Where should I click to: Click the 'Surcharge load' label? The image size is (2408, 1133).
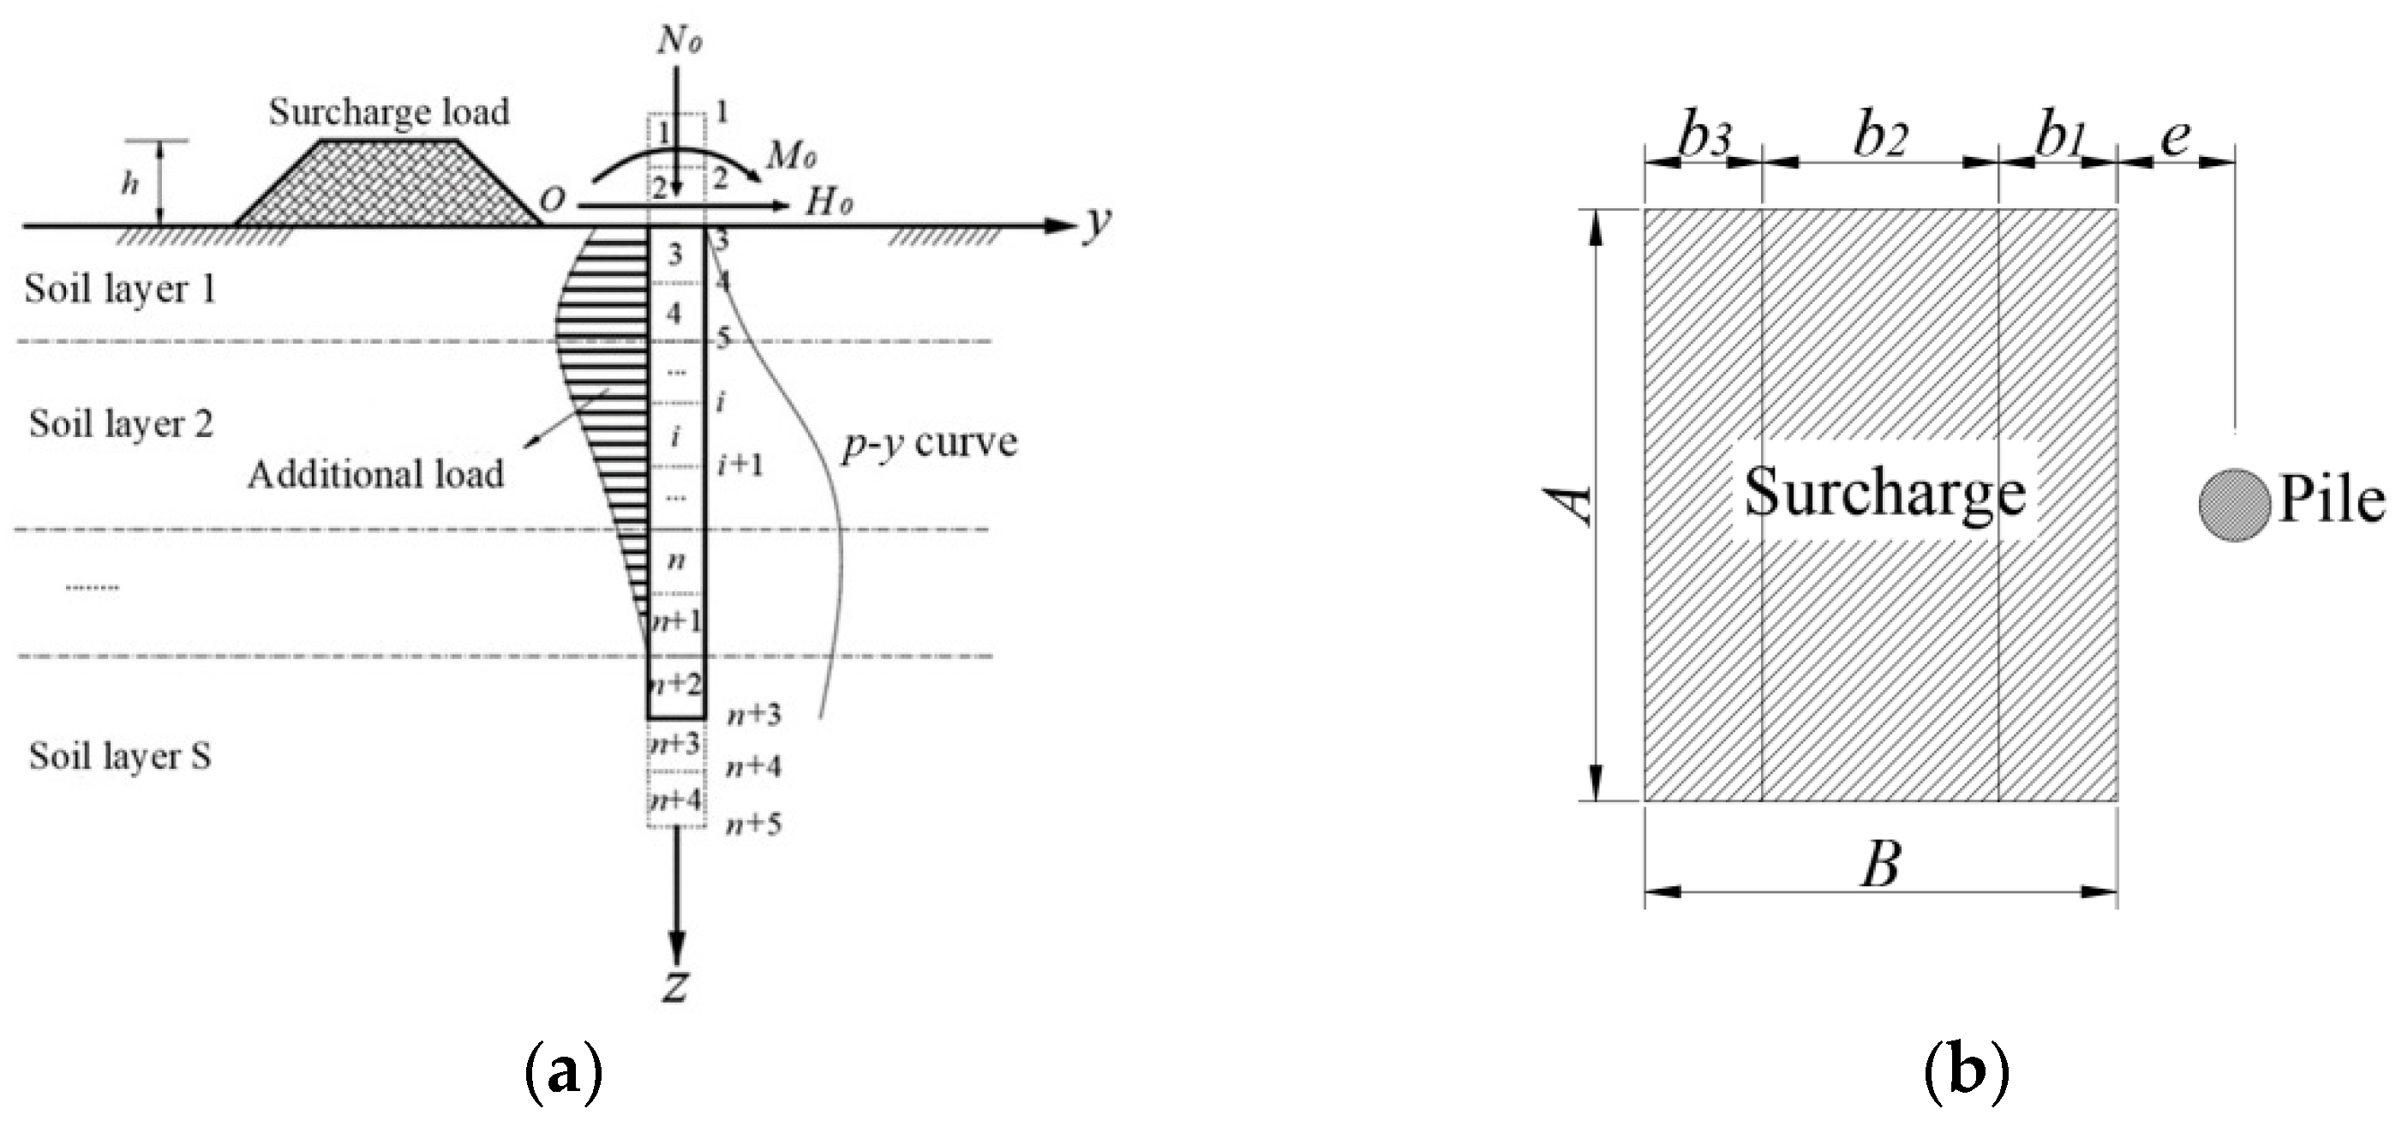(x=389, y=112)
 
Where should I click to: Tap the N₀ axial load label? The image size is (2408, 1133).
(x=680, y=40)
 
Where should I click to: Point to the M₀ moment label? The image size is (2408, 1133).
(x=792, y=157)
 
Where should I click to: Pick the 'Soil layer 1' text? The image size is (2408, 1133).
(x=120, y=289)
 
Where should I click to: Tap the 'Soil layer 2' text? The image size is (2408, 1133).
(x=121, y=423)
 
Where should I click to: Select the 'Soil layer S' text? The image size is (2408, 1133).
(x=120, y=755)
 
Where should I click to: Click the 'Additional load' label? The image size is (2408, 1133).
(x=376, y=474)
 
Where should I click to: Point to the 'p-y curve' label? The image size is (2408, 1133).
(x=929, y=442)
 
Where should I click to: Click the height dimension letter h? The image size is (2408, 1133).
(x=130, y=184)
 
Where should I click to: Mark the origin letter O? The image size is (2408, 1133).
(x=553, y=200)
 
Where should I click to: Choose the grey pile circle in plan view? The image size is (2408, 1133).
(x=2233, y=504)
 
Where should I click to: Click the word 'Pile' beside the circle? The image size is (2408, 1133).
(x=2332, y=501)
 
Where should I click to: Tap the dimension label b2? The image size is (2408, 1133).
(x=1880, y=138)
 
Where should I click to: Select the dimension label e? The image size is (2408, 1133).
(x=2175, y=138)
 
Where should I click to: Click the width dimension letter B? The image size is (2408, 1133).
(x=1880, y=866)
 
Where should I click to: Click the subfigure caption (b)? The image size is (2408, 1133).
(x=1966, y=1075)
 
